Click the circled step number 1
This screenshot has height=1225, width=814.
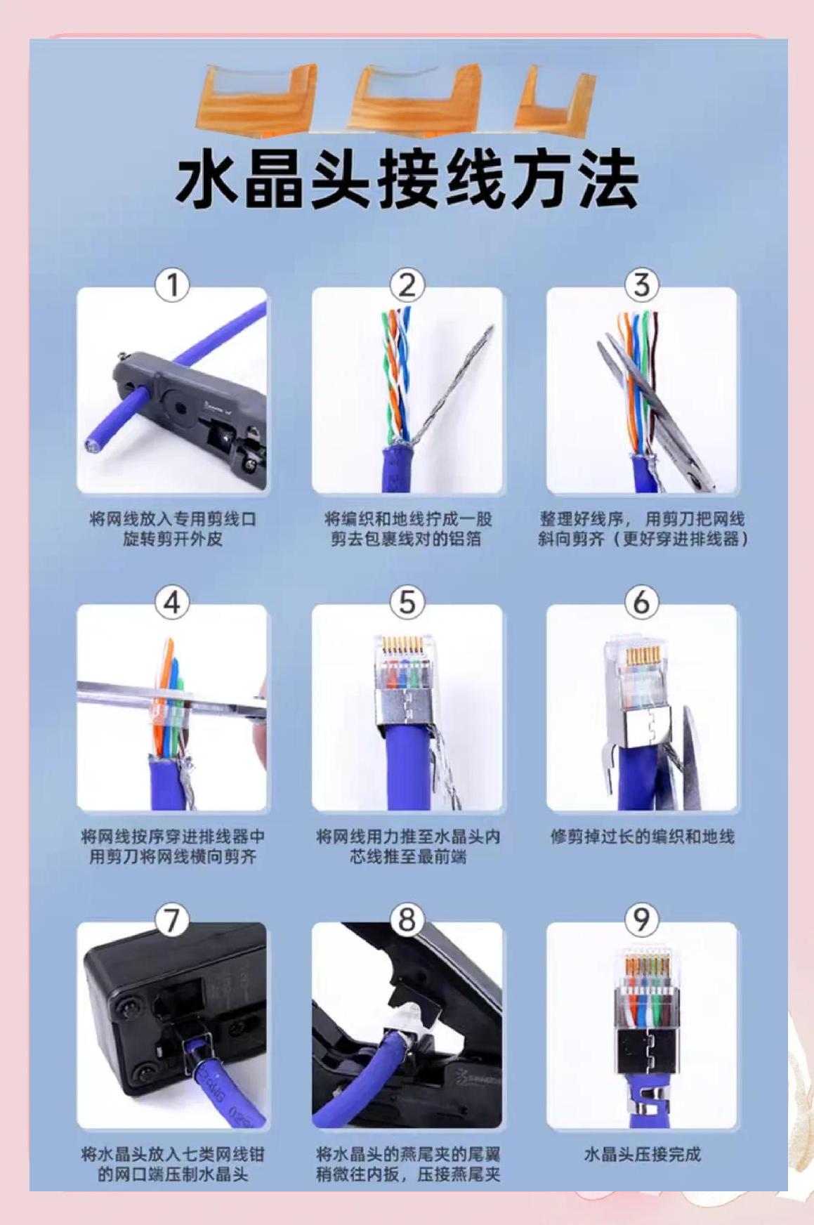pos(172,285)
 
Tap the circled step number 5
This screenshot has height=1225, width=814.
pos(407,603)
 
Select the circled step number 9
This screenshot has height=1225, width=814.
pos(641,920)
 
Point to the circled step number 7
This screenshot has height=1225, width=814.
pos(172,920)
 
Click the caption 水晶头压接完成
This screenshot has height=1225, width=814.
pos(642,1154)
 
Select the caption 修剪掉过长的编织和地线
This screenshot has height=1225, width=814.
pos(642,837)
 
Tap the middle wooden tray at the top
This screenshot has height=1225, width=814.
pos(417,98)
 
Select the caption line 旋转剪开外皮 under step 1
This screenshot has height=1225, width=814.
pos(173,540)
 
